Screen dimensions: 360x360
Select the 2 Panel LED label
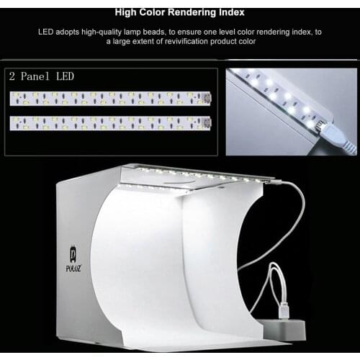tap(41, 76)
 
